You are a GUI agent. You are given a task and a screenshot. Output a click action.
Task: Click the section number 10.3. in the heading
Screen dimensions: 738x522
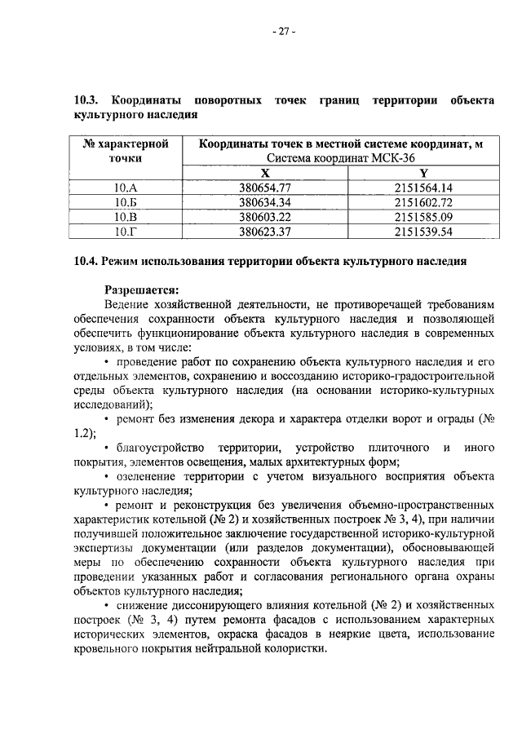coord(87,100)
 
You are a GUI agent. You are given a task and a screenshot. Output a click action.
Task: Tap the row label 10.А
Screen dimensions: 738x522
coord(126,188)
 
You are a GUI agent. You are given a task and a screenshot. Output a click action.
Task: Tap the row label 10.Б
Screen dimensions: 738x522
coord(126,202)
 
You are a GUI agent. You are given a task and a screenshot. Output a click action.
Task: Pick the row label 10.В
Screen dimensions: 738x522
coord(126,217)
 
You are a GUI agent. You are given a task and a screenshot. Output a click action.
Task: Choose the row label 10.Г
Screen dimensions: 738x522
coord(126,231)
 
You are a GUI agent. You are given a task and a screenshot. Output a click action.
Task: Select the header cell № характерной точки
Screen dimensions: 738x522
coord(126,152)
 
